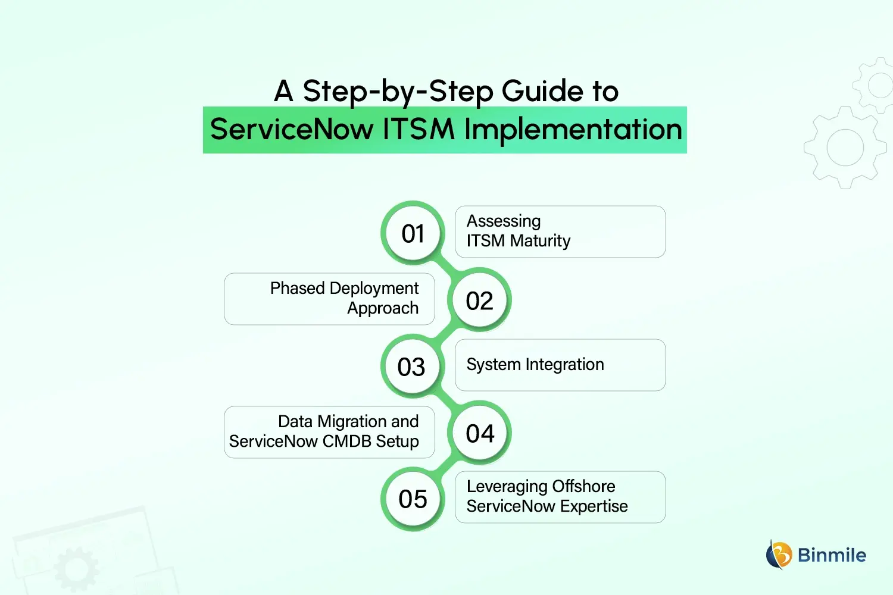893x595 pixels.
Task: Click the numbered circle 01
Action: tap(413, 233)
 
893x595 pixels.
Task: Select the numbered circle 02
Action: tap(479, 300)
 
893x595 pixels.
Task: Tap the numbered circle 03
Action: tap(411, 367)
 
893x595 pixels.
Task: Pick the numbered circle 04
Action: tap(480, 433)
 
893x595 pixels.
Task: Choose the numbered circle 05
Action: tap(413, 499)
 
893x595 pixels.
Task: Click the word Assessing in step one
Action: tap(504, 221)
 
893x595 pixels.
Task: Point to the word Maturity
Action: tap(540, 241)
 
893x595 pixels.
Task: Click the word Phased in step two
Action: tap(297, 289)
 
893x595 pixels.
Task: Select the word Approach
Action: tap(383, 308)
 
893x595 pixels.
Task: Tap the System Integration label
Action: tap(535, 365)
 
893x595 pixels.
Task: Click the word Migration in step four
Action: tap(351, 422)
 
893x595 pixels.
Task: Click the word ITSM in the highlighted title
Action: tap(418, 130)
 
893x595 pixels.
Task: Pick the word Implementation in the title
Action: tap(573, 130)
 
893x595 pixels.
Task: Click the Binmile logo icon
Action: tap(779, 555)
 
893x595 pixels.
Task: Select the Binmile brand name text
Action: tap(832, 555)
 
